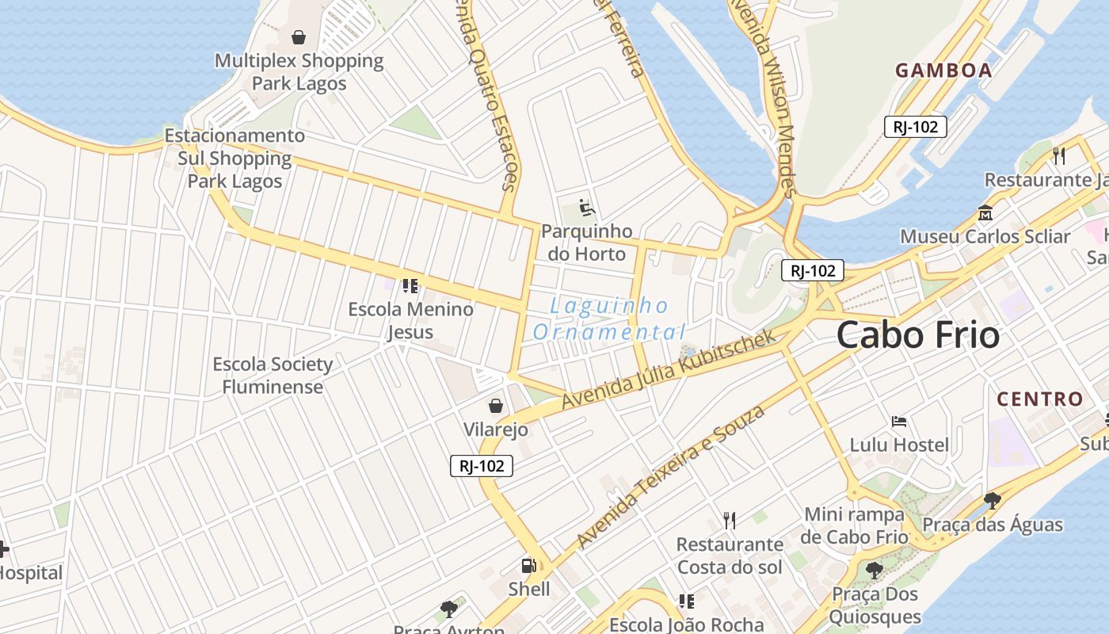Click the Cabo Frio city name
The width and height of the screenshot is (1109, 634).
[917, 335]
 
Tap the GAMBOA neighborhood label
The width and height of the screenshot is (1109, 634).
[943, 71]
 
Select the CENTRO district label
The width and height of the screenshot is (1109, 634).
[1039, 399]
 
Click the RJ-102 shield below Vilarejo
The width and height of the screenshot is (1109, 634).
[482, 466]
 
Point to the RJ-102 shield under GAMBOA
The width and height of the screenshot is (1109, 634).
[915, 127]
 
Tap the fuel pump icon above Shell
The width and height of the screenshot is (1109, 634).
[528, 566]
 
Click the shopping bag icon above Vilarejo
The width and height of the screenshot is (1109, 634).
[496, 406]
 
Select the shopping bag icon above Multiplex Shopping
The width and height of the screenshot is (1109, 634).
[299, 36]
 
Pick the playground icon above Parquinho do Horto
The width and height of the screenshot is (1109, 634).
[586, 208]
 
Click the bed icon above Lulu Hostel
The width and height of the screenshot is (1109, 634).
[898, 421]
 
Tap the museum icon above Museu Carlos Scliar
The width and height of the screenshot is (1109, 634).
[985, 212]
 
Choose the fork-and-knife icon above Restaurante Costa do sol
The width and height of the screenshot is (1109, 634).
[730, 520]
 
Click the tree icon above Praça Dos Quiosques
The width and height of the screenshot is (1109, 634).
[874, 570]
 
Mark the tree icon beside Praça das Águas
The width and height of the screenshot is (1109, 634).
[992, 500]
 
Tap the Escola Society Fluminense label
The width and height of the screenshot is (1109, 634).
[272, 376]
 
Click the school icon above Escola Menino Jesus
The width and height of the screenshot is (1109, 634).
[410, 285]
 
